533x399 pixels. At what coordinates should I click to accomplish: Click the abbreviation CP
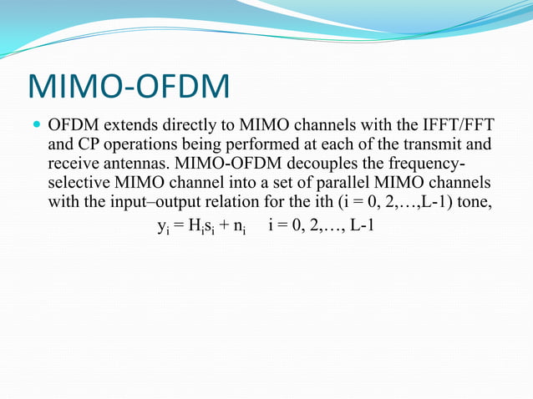click(87, 146)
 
